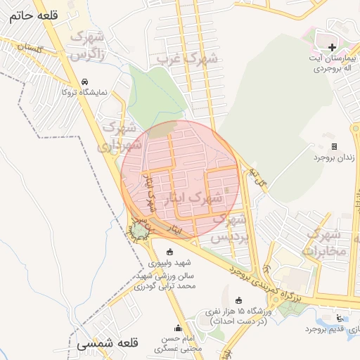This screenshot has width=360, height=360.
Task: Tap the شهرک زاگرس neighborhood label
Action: (x=90, y=45)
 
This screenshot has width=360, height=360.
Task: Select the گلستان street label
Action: (x=30, y=49)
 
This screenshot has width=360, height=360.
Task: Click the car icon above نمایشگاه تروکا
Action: (x=85, y=82)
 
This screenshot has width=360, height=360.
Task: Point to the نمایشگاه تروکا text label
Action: (x=85, y=92)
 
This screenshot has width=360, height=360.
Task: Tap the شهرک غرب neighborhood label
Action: (x=188, y=59)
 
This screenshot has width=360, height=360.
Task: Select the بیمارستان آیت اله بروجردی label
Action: (x=331, y=64)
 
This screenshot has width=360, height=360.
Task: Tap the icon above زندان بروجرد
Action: (x=335, y=147)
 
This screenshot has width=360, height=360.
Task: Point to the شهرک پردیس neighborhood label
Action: (x=230, y=229)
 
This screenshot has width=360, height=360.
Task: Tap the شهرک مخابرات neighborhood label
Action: (x=326, y=242)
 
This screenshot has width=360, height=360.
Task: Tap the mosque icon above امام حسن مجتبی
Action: (x=178, y=328)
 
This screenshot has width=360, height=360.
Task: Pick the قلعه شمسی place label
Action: (x=103, y=345)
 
